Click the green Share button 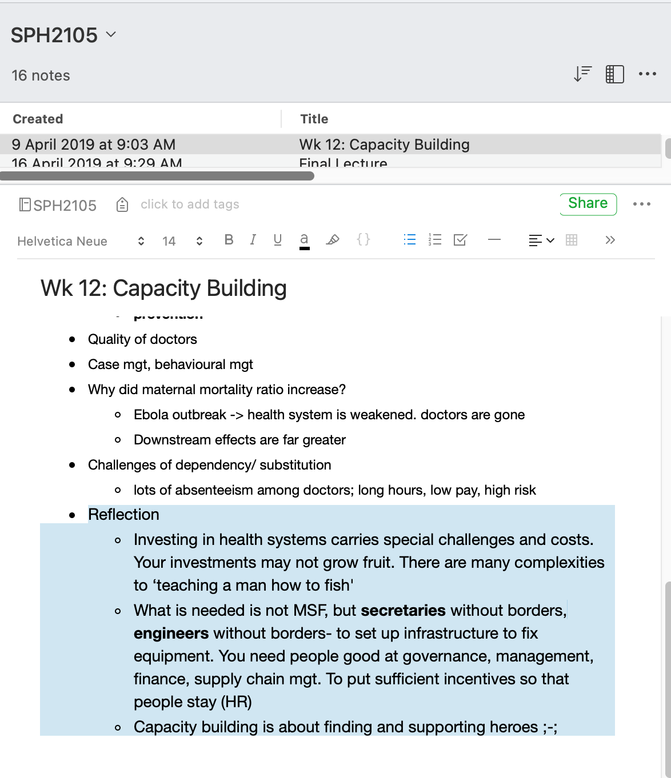pos(588,204)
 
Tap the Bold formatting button pos(229,240)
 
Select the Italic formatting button pos(253,240)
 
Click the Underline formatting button pos(278,240)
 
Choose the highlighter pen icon pos(333,240)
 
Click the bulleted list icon pos(409,240)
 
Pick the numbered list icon pos(435,240)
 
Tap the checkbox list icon pos(460,240)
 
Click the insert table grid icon pos(571,240)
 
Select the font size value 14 pos(169,241)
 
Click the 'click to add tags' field pos(190,204)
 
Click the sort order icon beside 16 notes pos(582,74)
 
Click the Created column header pos(38,119)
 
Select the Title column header pos(314,119)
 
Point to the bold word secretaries pos(403,611)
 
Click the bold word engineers pos(171,633)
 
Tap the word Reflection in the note pos(123,515)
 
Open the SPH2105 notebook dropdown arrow pos(111,35)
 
